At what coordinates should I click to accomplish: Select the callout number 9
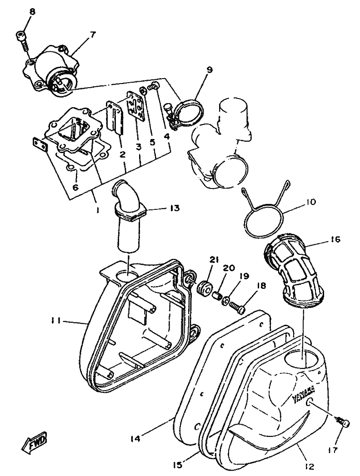[209, 69]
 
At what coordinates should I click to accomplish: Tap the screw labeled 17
[343, 423]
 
